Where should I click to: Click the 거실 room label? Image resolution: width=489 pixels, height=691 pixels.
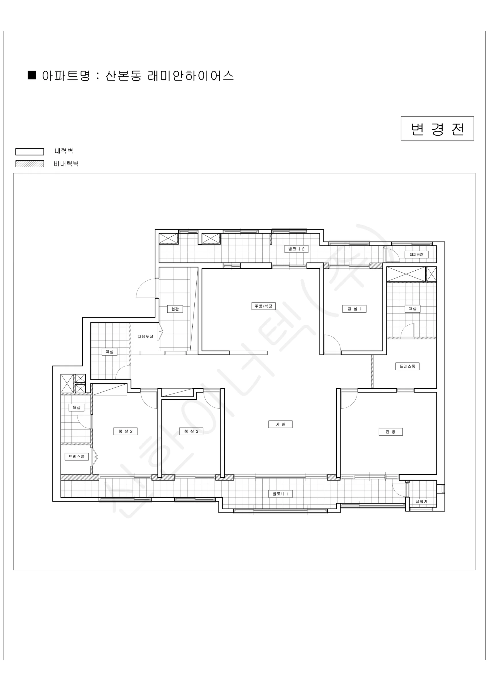tap(280, 424)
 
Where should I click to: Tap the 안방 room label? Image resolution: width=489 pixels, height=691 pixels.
tap(391, 432)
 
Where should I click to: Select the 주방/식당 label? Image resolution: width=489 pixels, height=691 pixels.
tap(264, 306)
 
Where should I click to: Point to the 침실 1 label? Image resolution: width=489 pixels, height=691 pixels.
tap(355, 309)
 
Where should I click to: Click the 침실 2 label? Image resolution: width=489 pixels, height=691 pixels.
tap(126, 431)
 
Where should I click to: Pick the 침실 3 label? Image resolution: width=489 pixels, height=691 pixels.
tap(191, 431)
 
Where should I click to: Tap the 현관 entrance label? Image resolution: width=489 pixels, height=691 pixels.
tap(175, 309)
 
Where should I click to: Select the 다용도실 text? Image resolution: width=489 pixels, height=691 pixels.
tap(145, 337)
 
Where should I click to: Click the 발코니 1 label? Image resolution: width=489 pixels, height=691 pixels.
tap(280, 494)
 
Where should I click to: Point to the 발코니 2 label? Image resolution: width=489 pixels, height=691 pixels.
tap(296, 249)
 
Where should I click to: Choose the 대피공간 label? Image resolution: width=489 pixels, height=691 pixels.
tap(416, 254)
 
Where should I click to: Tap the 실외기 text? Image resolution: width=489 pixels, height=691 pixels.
tap(421, 501)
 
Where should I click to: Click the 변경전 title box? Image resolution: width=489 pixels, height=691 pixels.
tap(437, 128)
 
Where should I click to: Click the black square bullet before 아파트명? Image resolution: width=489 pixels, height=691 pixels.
tap(32, 75)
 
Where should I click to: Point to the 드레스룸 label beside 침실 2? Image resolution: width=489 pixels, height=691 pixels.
tap(77, 457)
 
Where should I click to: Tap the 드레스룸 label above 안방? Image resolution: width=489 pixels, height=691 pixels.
tap(407, 366)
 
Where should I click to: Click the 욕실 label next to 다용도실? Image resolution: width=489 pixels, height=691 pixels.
tap(109, 352)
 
